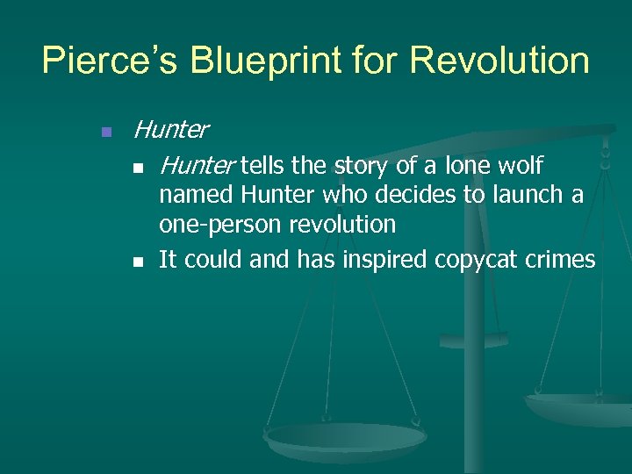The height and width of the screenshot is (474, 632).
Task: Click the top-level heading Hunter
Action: (170, 131)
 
